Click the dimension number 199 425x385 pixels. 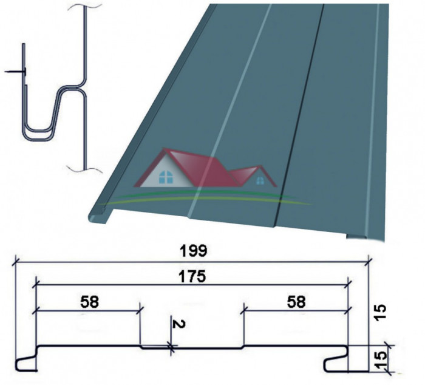pos(194,251)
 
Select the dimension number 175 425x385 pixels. pos(192,276)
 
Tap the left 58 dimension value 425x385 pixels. pos(90,302)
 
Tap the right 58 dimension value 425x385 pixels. pos(296,302)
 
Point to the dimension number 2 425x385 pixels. pos(179,324)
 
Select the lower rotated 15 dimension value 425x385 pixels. pos(381,359)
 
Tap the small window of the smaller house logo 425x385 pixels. pos(260,180)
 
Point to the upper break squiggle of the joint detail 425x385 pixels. pos(84,6)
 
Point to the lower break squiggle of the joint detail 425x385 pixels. pos(84,169)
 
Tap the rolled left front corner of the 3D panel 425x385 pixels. pos(97,216)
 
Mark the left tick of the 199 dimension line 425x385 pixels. pos(15,262)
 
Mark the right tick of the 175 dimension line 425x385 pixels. pos(348,285)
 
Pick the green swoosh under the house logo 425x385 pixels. pos(206,197)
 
